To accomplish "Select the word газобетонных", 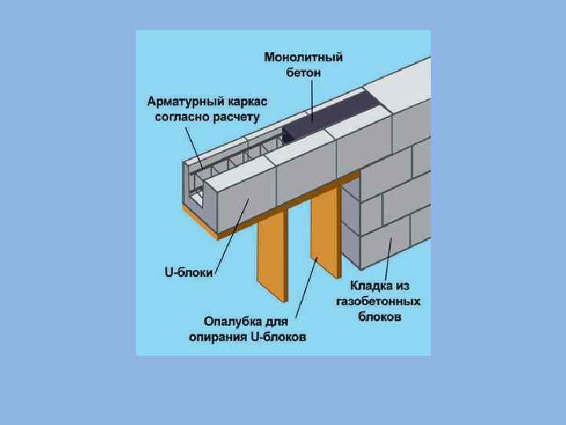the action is [377, 301].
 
